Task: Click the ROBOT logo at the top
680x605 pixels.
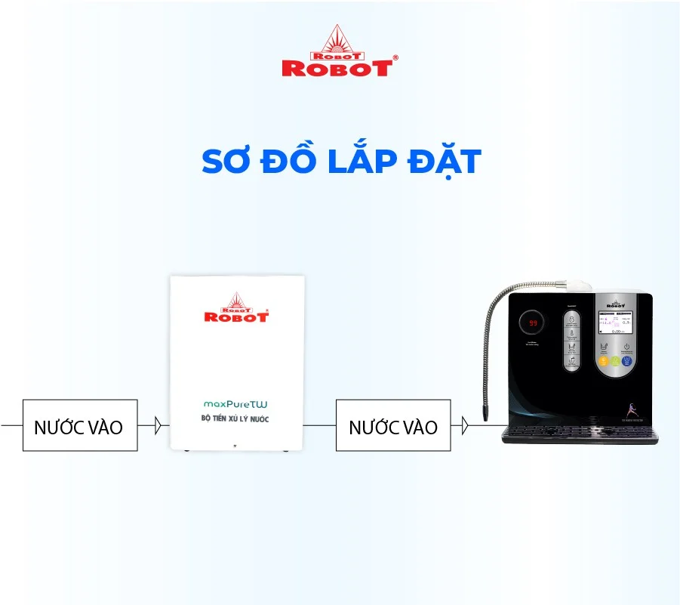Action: pyautogui.click(x=339, y=52)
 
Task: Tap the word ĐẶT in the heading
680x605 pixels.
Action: pyautogui.click(x=445, y=162)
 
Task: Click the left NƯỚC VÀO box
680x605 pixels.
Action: pyautogui.click(x=79, y=426)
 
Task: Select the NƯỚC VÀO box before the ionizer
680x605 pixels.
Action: pyautogui.click(x=392, y=426)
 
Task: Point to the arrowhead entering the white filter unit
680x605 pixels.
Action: pyautogui.click(x=158, y=426)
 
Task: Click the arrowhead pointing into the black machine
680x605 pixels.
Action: pyautogui.click(x=465, y=426)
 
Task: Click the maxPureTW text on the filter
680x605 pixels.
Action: pyautogui.click(x=235, y=404)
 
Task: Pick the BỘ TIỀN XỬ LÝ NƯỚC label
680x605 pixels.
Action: pyautogui.click(x=235, y=418)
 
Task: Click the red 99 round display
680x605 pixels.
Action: pyautogui.click(x=532, y=323)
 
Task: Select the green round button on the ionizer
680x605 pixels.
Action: pyautogui.click(x=615, y=361)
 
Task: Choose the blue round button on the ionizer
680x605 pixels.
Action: pyautogui.click(x=626, y=361)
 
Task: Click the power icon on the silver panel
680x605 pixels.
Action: pyautogui.click(x=626, y=347)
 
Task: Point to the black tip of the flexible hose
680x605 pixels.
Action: pyautogui.click(x=486, y=413)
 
